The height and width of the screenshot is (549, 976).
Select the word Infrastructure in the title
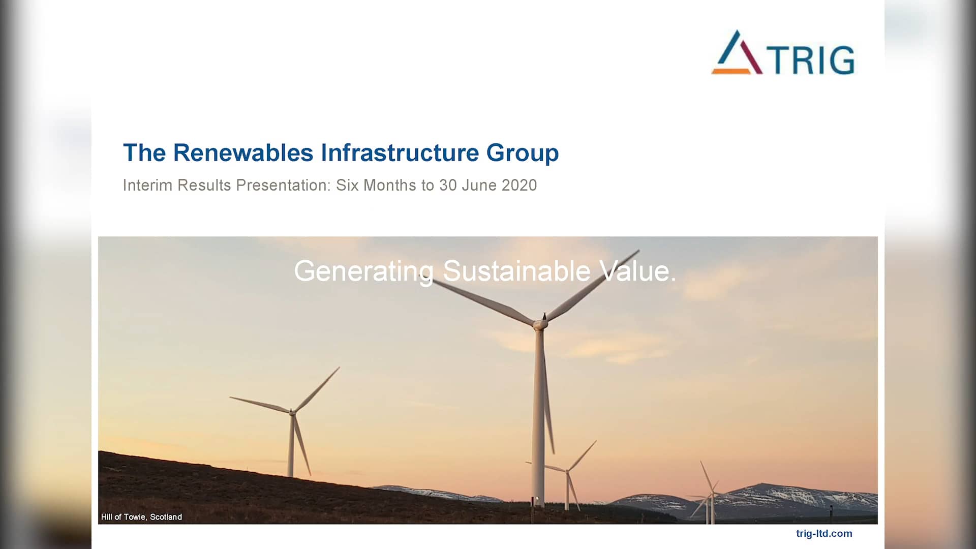click(x=400, y=152)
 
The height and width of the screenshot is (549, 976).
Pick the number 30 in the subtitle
click(x=448, y=185)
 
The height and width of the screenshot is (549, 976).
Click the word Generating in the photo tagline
click(x=363, y=271)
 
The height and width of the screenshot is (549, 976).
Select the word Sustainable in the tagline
click(x=516, y=271)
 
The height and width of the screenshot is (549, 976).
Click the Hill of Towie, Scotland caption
click(x=141, y=517)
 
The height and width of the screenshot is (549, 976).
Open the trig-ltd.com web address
click(x=824, y=533)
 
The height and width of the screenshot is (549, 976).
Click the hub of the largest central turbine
click(x=540, y=322)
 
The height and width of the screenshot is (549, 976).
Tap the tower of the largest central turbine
click(x=539, y=417)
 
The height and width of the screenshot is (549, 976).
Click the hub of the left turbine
click(x=292, y=412)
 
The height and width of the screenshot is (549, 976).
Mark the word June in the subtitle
click(x=479, y=185)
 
